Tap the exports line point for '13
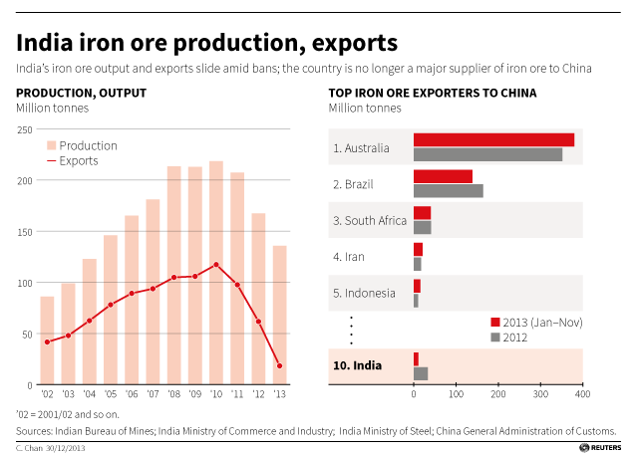(279, 366)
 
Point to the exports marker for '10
(216, 265)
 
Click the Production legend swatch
(51, 145)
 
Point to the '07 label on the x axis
(153, 394)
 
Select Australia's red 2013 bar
(493, 139)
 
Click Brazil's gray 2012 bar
(448, 190)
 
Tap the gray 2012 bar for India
(421, 373)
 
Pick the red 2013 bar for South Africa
(422, 213)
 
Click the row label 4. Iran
(348, 257)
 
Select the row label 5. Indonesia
(363, 293)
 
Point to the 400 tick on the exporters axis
(581, 395)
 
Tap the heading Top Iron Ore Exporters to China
(433, 93)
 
